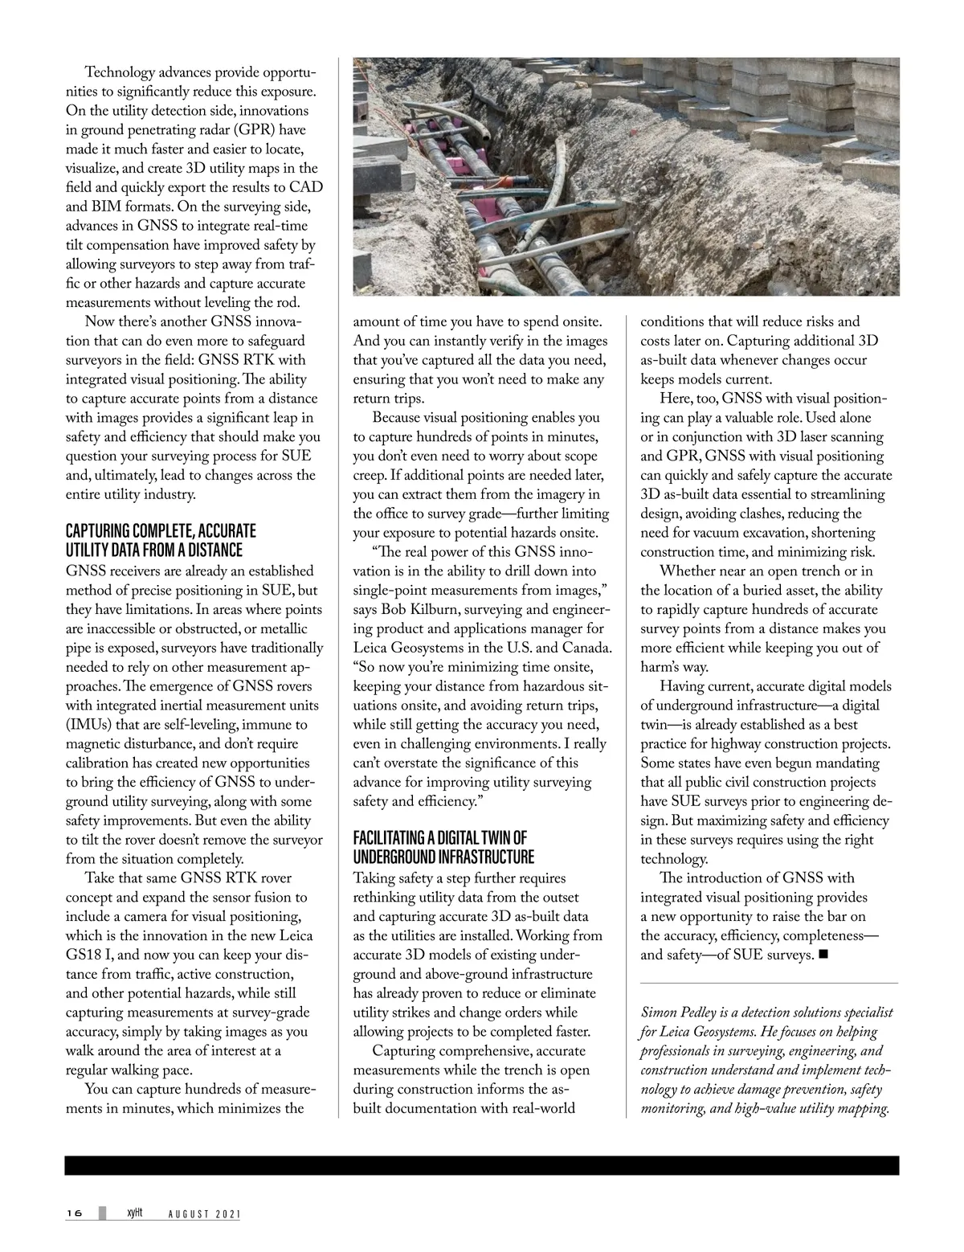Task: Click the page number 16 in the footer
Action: pyautogui.click(x=74, y=1213)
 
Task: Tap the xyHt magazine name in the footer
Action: pyautogui.click(x=134, y=1213)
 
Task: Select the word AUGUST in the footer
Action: pyautogui.click(x=186, y=1214)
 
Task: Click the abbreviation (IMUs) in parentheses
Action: pyautogui.click(x=89, y=724)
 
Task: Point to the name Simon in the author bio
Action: pyautogui.click(x=660, y=1013)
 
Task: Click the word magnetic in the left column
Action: pyautogui.click(x=97, y=743)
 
